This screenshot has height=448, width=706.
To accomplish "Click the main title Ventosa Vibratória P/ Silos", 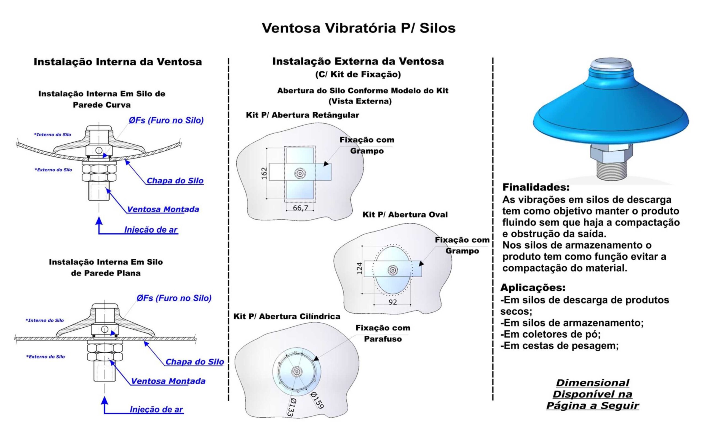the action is coord(358,28).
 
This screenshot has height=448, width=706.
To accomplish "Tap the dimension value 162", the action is coord(264,173).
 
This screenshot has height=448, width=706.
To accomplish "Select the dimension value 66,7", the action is coord(301,208).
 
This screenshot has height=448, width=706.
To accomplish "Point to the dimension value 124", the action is coord(359,268).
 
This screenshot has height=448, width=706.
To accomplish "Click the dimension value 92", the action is coord(393,302).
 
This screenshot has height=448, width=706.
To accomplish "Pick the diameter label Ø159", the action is coord(317,400).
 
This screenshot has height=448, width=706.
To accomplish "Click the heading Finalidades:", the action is coord(536,187).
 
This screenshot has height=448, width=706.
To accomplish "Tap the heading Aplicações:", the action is coord(533,288).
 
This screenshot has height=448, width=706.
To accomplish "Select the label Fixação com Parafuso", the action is coord(383,333).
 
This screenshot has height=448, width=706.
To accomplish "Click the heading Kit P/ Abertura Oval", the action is coord(405,214).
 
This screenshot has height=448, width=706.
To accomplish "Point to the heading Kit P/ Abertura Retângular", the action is coord(302,115).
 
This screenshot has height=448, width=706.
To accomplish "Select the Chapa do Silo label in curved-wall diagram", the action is coord(175,181).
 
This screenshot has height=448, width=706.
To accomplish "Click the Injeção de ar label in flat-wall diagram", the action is coord(156,409).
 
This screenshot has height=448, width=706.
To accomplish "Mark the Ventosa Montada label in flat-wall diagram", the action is coord(168,381).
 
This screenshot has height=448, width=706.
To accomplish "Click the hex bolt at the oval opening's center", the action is coord(393,270).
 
